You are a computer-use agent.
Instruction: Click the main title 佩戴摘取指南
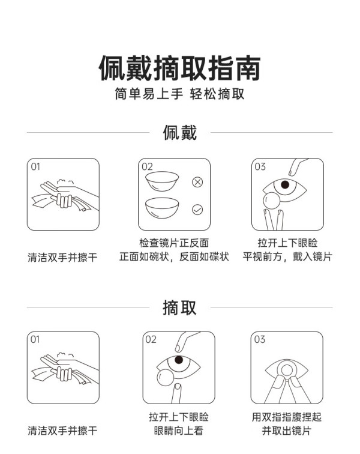[179, 68]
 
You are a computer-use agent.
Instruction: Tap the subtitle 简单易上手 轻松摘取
[179, 94]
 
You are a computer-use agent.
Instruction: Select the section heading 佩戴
[180, 133]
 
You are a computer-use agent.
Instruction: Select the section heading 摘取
[180, 307]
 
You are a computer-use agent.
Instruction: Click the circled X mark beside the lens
[197, 182]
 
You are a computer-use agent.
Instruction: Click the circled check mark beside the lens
[197, 210]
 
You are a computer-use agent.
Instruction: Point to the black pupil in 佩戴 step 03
[285, 184]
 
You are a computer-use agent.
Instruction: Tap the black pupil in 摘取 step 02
[179, 360]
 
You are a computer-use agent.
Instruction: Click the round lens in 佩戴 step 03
[271, 201]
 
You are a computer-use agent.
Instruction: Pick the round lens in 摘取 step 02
[165, 377]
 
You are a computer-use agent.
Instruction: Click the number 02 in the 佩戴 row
[147, 166]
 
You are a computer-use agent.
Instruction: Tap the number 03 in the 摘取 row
[260, 339]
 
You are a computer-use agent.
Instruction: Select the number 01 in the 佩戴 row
[35, 166]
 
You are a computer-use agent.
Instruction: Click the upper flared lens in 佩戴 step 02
[162, 181]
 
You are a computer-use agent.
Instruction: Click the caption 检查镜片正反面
[174, 243]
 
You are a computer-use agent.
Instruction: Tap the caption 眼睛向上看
[179, 431]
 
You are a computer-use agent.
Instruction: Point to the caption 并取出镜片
[286, 431]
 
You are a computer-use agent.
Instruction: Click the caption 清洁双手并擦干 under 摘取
[62, 431]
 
